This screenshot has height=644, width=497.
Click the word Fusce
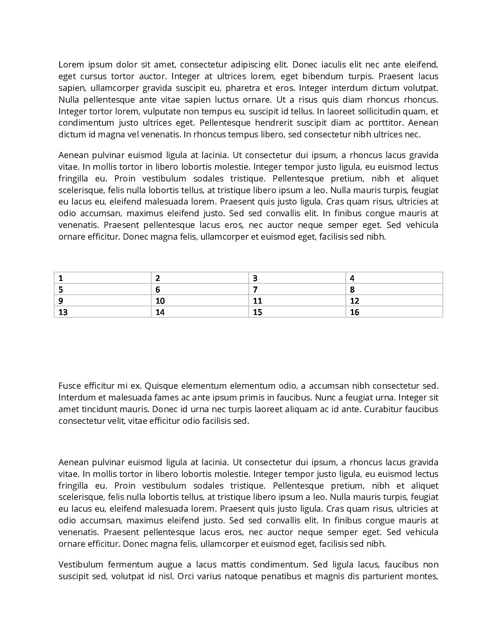click(x=69, y=386)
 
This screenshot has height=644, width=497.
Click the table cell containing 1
click(x=103, y=278)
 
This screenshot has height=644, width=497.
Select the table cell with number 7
click(x=297, y=290)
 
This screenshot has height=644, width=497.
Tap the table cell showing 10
click(x=200, y=301)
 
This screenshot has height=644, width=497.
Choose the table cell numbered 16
click(x=394, y=312)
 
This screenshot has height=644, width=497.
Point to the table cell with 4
click(x=394, y=278)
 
